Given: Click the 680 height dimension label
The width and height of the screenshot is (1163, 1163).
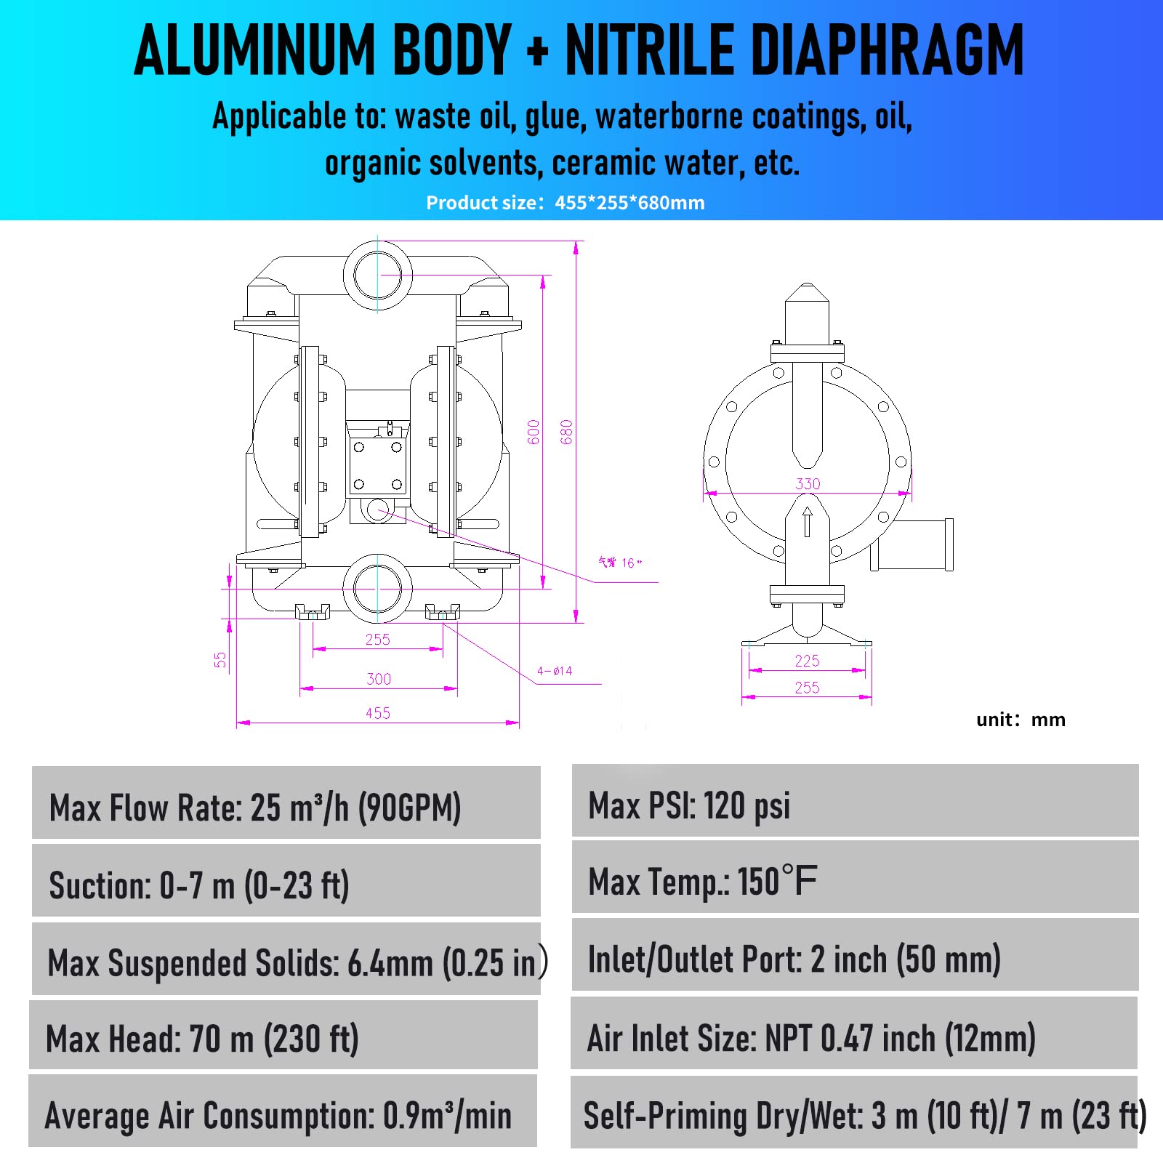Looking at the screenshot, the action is point(567,432).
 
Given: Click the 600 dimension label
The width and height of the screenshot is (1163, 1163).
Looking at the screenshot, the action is point(534,432).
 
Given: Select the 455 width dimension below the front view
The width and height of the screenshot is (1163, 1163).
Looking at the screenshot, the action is point(378,713).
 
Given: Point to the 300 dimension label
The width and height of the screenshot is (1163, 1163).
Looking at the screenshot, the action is point(379,679).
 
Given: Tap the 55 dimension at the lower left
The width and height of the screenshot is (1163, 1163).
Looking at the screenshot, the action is point(220,659).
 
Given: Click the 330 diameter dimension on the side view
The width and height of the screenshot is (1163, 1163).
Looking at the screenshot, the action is point(808,484).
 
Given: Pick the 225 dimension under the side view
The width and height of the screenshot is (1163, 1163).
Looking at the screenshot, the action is point(807,661).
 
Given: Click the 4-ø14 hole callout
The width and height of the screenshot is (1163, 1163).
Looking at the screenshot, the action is point(555,671).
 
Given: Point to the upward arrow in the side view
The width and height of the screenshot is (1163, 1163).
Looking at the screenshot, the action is point(807,521).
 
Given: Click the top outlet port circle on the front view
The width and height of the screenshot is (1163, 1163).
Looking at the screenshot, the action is point(377,275).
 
